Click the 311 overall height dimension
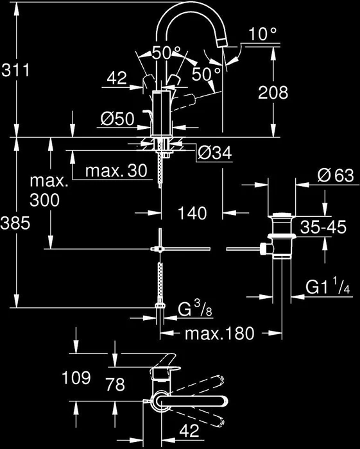[15, 70]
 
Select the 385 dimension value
[15, 223]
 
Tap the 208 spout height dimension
[273, 92]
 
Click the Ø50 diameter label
[117, 119]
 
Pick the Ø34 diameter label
[215, 153]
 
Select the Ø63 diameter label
[336, 175]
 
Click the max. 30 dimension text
[116, 171]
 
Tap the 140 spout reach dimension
[192, 214]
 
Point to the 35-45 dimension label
[323, 227]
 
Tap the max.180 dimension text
[219, 334]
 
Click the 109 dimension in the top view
[76, 378]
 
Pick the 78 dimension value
[115, 384]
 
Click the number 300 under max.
[45, 200]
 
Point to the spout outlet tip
[223, 43]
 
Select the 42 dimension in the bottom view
[189, 430]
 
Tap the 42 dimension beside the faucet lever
[117, 78]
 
